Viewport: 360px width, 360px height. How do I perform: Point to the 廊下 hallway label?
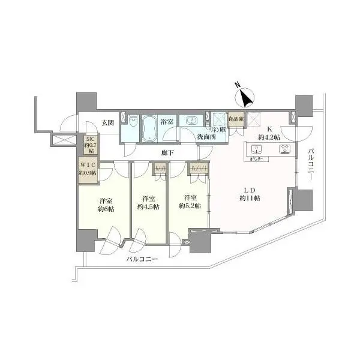click(167, 152)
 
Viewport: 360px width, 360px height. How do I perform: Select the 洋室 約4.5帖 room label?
click(148, 202)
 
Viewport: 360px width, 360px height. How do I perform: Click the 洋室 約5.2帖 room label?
click(190, 202)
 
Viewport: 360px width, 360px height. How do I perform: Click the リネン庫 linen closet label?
click(216, 130)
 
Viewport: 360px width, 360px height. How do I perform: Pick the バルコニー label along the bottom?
click(142, 260)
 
